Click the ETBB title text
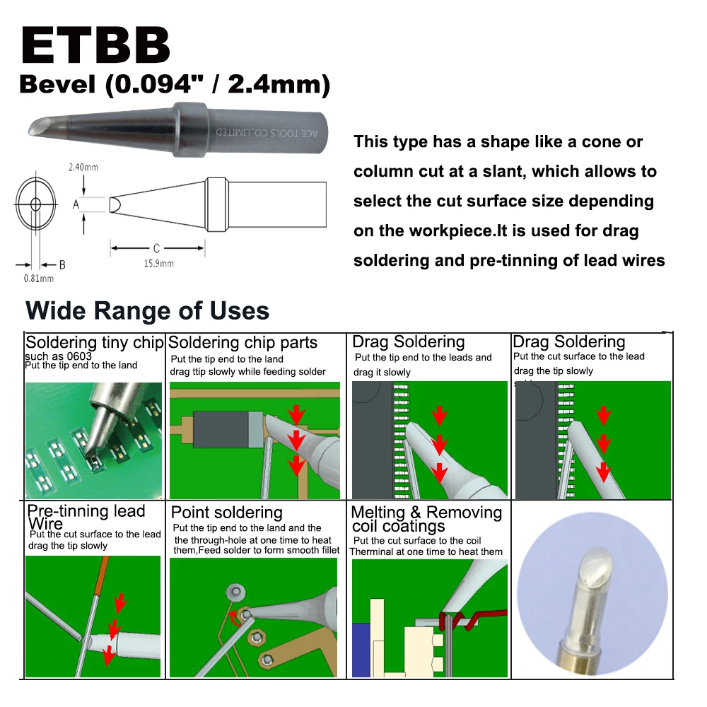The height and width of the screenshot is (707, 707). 95,46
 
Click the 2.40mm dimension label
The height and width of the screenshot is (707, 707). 83,168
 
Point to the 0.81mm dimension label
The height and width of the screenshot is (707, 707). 38,278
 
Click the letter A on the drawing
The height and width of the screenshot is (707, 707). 76,204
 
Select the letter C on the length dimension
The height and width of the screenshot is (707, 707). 156,248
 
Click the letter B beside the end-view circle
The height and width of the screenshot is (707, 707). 62,264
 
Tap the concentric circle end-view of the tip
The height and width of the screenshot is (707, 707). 35,204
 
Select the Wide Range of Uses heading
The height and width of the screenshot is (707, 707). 147,311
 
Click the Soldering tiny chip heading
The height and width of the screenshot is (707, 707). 94,343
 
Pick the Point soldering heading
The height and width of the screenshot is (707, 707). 226,513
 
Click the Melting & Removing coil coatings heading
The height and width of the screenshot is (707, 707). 426,519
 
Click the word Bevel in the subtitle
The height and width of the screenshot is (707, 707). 57,86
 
